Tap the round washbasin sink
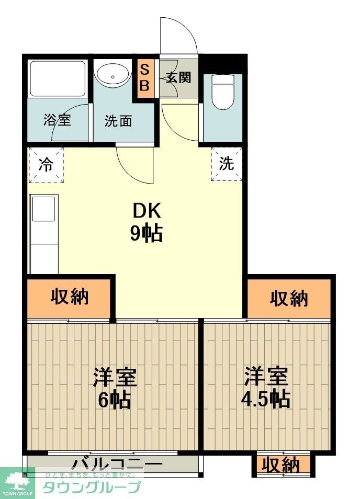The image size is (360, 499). (x=113, y=76)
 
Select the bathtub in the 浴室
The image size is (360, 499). (x=57, y=79)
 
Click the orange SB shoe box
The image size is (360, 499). (x=145, y=78)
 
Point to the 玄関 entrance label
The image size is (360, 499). (x=178, y=78)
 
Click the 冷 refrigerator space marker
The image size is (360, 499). (x=46, y=165)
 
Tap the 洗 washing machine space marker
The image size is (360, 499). (x=227, y=164)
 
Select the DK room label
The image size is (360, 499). (x=147, y=211)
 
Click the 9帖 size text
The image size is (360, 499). (x=147, y=233)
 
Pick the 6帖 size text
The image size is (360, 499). (x=115, y=400)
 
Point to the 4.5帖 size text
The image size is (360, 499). (x=265, y=399)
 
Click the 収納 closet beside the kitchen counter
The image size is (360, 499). (x=70, y=297)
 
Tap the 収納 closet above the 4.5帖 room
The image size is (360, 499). (x=289, y=298)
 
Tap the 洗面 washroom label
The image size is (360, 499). (x=118, y=121)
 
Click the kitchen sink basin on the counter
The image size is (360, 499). (x=44, y=210)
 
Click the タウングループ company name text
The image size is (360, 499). (x=91, y=487)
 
